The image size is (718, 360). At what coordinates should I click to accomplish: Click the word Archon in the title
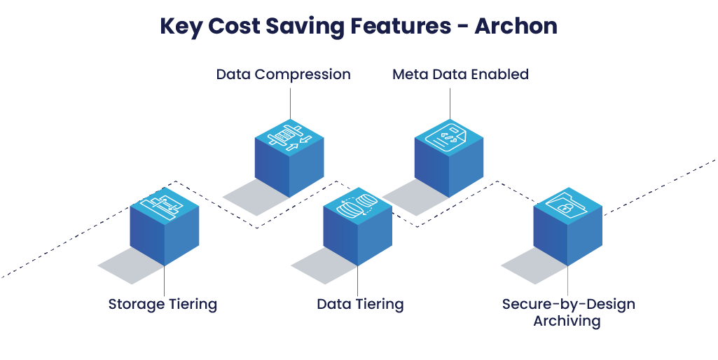516,26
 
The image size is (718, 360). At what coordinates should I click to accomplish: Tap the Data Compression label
283,74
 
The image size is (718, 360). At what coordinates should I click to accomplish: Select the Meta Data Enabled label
460,74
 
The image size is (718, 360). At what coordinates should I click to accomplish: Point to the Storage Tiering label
163,305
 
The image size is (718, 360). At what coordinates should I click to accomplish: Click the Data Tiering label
360,305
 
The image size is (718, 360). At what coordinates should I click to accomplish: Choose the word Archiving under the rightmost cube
567,321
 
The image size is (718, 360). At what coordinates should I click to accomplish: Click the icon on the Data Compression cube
289,137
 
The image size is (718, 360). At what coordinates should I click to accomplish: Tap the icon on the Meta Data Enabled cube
449,137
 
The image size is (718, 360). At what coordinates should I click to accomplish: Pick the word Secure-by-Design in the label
568,305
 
